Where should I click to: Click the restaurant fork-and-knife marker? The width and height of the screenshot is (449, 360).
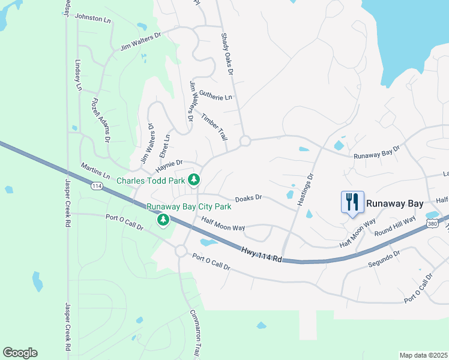point(352,202)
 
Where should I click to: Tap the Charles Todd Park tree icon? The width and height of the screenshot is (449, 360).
point(194,179)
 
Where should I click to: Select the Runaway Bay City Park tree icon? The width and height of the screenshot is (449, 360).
point(163,220)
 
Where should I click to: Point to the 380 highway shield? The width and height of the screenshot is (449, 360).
point(432,224)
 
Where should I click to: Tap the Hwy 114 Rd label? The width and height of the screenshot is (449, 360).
point(261,254)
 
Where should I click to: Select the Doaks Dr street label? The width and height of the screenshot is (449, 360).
point(249,197)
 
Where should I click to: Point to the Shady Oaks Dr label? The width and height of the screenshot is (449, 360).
point(226,54)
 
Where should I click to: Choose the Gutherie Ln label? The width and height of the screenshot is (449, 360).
point(215,96)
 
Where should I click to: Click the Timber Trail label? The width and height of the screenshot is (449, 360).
point(214,127)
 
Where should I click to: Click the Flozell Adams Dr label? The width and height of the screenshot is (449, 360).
point(100,120)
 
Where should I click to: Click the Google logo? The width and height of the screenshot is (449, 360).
point(20,353)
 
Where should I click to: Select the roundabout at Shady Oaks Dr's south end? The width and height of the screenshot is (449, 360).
point(244,141)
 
